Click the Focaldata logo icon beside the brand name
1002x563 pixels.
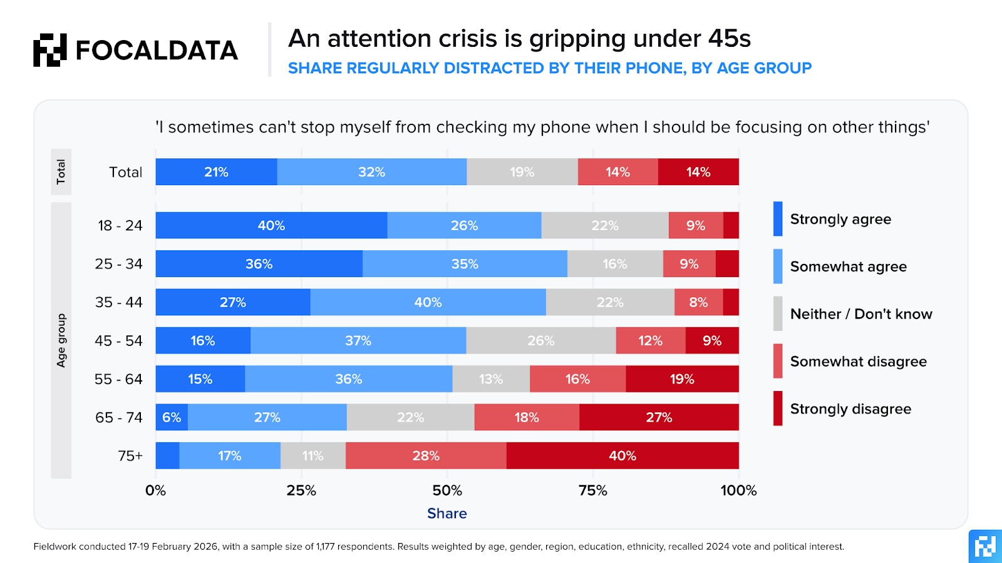point(50,50)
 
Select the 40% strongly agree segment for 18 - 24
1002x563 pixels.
point(271,225)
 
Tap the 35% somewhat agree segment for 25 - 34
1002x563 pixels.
point(465,264)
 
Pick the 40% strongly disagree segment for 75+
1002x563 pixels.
point(622,455)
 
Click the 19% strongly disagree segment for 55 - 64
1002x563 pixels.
point(682,379)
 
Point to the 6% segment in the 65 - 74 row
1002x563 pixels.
point(172,417)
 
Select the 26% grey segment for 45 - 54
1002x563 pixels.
point(541,340)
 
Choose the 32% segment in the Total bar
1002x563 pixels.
point(371,172)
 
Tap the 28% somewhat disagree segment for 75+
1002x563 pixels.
point(426,455)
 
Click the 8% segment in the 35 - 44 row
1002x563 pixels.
point(698,302)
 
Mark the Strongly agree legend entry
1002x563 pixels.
point(840,219)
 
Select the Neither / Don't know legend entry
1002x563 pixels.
point(860,314)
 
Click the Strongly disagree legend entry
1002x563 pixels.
point(850,409)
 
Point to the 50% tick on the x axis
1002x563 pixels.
point(447,490)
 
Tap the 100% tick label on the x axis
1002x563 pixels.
point(738,490)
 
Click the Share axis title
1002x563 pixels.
point(447,514)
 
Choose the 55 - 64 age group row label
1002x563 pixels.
point(118,379)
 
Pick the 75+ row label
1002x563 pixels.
point(130,455)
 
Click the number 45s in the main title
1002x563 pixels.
point(730,39)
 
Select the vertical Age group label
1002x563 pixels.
point(61,340)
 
